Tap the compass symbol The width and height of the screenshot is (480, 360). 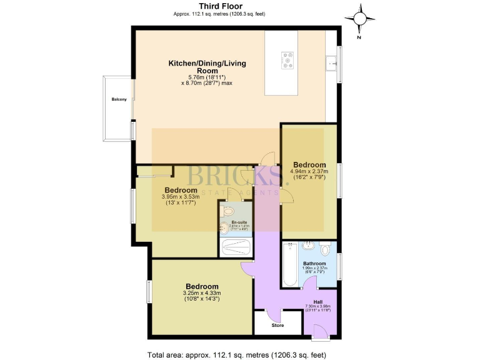360,19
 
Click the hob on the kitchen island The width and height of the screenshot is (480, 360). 289,60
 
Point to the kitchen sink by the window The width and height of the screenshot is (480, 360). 332,62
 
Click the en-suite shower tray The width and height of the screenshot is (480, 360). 236,246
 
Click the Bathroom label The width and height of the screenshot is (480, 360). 319,264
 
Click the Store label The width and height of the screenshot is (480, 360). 277,325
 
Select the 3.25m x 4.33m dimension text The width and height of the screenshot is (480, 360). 201,293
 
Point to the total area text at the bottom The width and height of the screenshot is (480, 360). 236,354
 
